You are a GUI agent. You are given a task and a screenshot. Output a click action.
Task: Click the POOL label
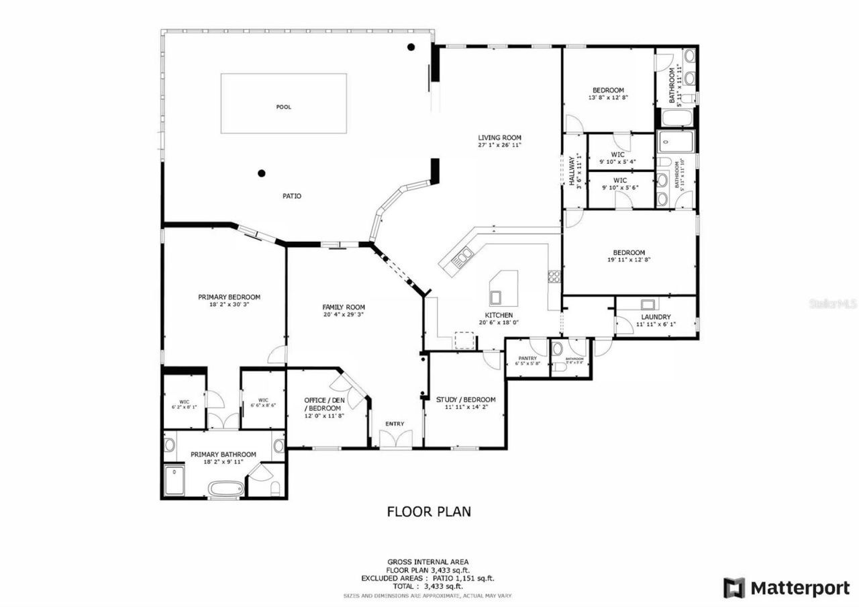click(284, 107)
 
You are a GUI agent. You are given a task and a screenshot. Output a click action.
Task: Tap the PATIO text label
click(291, 196)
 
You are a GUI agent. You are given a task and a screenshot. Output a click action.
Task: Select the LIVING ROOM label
click(499, 137)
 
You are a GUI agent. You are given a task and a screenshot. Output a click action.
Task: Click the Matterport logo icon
click(734, 588)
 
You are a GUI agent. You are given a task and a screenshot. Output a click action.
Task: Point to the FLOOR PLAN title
click(429, 512)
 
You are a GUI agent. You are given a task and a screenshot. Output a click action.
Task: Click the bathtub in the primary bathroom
click(225, 488)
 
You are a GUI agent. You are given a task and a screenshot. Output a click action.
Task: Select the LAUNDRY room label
click(656, 317)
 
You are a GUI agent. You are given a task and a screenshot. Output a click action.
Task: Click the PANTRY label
click(527, 359)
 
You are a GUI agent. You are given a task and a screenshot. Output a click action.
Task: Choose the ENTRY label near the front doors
click(395, 424)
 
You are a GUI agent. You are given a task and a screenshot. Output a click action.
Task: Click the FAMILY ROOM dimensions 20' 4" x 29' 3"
click(343, 314)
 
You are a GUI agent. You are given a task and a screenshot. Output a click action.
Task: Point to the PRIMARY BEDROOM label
click(229, 297)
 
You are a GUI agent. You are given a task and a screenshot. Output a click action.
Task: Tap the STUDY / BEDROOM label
click(466, 400)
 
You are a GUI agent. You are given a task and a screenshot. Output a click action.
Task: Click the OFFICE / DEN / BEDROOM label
click(324, 404)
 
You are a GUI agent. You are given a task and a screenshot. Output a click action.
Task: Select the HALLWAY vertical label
click(571, 171)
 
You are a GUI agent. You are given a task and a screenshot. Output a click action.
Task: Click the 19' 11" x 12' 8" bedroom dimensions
click(629, 260)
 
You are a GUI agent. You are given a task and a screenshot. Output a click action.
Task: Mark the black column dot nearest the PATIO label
click(262, 173)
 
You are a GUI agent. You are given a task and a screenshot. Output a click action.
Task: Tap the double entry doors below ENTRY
click(395, 440)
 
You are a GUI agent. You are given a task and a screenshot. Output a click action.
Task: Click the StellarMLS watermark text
click(833, 303)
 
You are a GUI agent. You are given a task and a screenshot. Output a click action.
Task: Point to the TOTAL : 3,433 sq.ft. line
click(428, 586)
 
